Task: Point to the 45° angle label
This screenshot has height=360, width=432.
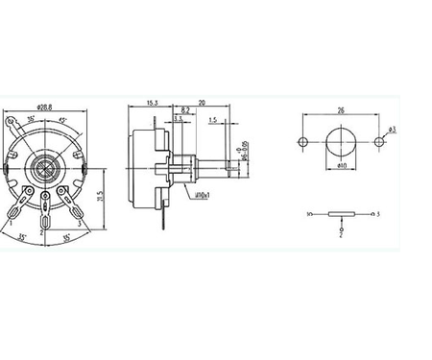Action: click(63, 120)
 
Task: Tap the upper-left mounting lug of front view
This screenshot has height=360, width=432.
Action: click(12, 122)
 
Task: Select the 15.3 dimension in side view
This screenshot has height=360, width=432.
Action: click(153, 101)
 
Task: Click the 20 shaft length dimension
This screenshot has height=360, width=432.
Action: click(202, 101)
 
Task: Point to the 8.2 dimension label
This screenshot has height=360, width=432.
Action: click(184, 111)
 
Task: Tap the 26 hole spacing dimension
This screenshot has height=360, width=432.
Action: click(341, 108)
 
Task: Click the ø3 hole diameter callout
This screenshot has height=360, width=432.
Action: click(394, 129)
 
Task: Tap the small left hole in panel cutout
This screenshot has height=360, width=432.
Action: click(303, 142)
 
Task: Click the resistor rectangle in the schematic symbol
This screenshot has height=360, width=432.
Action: click(341, 213)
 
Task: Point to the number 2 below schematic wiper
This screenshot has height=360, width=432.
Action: click(340, 231)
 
